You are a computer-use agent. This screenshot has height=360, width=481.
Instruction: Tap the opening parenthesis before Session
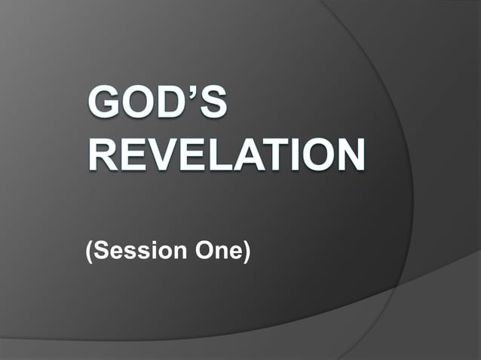[90, 251]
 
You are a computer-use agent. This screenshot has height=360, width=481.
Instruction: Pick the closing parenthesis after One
[246, 251]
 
